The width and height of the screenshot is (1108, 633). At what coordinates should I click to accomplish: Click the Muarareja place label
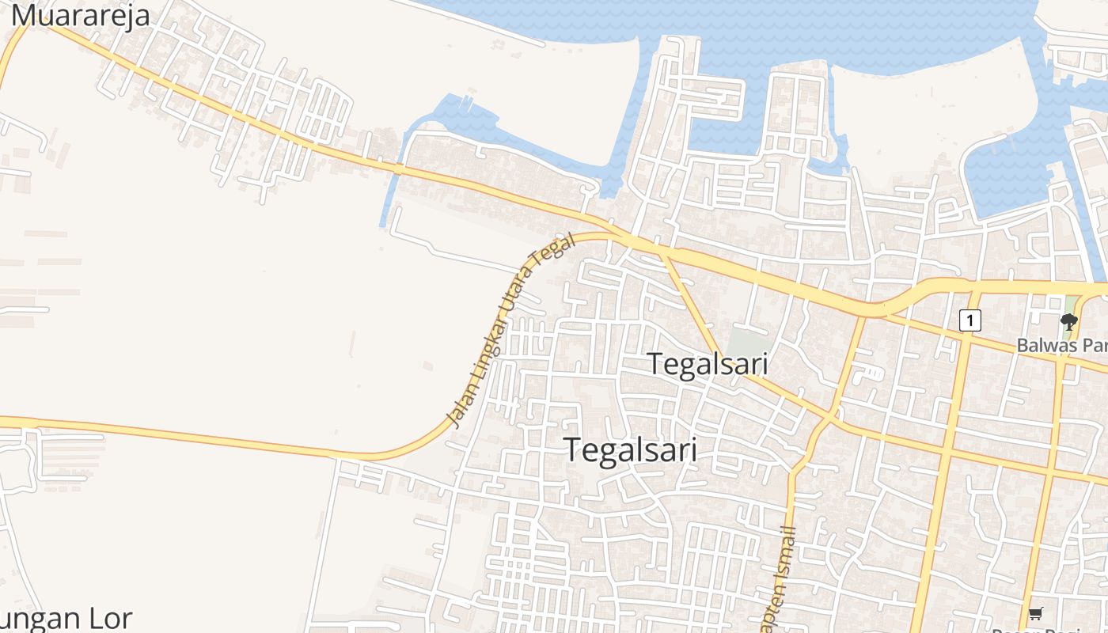pos(80,14)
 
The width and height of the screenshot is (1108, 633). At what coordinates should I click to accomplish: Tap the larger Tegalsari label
pos(632,449)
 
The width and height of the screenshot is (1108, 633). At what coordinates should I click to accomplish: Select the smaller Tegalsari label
pos(708,364)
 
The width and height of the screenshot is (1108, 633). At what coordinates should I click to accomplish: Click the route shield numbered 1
pos(970,320)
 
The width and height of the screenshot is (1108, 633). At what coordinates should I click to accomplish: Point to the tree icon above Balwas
pos(1069,321)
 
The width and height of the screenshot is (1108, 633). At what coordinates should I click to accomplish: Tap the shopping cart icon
pos(1036,613)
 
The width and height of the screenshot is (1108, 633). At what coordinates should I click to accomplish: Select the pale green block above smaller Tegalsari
pos(747,343)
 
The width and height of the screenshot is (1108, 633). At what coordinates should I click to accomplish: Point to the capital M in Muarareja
pos(25,14)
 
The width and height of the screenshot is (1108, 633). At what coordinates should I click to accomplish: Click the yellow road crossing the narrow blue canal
pos(399,169)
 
